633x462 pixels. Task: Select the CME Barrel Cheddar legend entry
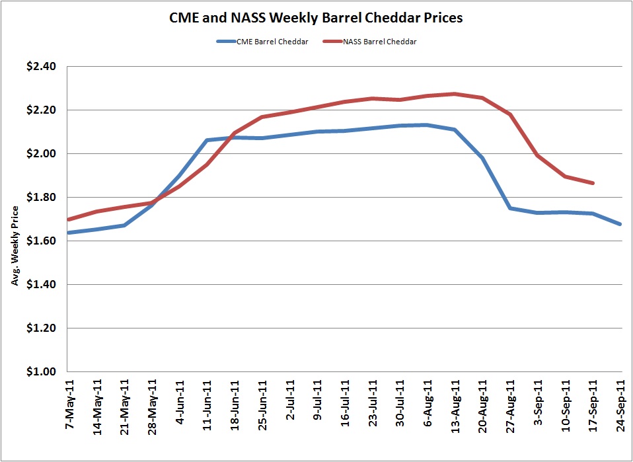(262, 42)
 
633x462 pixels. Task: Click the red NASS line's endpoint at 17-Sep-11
(593, 183)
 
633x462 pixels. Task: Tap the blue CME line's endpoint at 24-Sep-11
(621, 225)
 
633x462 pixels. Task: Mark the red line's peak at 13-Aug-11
(455, 94)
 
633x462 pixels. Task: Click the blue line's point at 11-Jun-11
(207, 140)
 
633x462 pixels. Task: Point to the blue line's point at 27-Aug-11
(510, 208)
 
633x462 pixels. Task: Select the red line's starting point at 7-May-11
(69, 219)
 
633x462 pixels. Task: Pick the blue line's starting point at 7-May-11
(69, 233)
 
